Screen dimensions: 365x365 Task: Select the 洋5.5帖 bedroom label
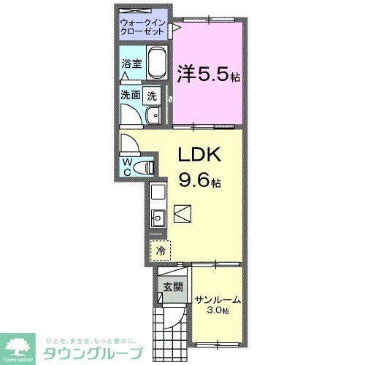(x=209, y=74)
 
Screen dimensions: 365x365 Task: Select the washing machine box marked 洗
(x=152, y=95)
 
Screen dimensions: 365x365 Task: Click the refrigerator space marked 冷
(x=159, y=250)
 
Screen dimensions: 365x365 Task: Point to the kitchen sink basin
(x=158, y=218)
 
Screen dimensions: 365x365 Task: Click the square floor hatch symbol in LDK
(x=182, y=213)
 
